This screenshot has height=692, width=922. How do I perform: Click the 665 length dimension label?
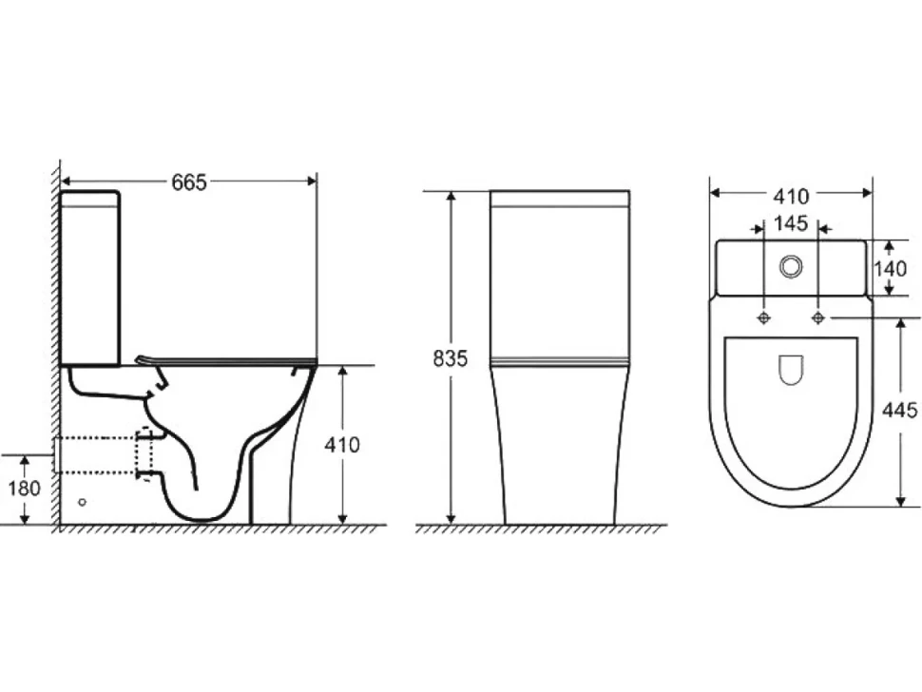click(x=189, y=183)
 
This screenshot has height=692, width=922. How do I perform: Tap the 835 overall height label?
click(x=450, y=358)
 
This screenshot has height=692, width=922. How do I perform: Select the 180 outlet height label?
click(x=24, y=488)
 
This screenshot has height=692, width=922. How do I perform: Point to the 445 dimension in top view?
click(x=899, y=409)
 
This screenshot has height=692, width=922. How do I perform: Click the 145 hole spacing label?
click(x=791, y=223)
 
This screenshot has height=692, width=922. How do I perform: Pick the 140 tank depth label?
click(x=890, y=268)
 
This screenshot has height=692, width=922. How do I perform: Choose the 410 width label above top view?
click(x=791, y=196)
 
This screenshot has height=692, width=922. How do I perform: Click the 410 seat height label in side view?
click(x=342, y=445)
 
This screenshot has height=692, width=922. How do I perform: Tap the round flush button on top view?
click(x=791, y=266)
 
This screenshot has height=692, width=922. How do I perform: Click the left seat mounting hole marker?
click(x=764, y=318)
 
